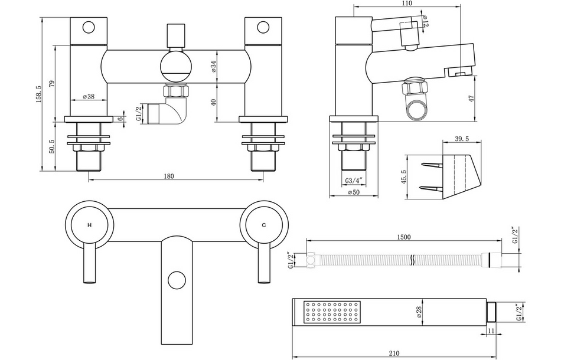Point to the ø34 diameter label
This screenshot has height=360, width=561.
[214, 66]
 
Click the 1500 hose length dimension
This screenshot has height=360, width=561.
[404, 237]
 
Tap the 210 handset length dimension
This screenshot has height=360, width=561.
[394, 354]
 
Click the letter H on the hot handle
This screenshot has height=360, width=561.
[89, 225]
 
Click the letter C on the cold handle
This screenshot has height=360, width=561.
[264, 225]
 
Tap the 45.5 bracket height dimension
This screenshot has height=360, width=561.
[403, 177]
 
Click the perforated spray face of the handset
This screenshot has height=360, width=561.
[331, 313]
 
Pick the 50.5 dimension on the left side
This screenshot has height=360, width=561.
[51, 146]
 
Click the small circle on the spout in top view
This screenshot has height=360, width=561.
[175, 279]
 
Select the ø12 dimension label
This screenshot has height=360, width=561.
[425, 22]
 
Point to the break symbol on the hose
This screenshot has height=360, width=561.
[412, 260]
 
